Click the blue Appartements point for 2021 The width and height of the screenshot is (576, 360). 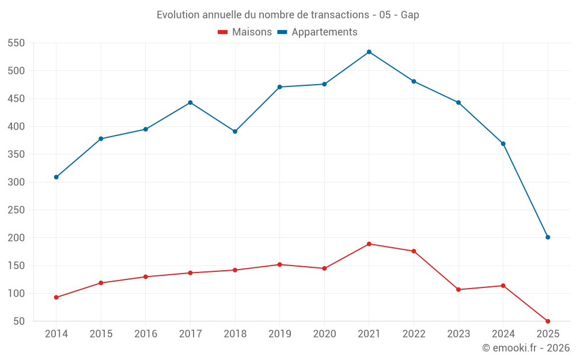369,52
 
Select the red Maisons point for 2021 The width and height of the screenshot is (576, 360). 369,244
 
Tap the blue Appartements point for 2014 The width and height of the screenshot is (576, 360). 56,177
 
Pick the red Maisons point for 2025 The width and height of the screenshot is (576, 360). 548,321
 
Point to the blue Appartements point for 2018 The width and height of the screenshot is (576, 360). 235,131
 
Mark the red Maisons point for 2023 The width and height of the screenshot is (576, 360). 458,289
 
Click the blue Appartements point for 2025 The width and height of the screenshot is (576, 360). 548,237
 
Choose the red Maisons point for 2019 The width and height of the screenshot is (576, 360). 280,264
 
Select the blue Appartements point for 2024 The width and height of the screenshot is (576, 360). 503,143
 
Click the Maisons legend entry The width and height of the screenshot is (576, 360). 245,32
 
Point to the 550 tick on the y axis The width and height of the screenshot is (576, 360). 16,43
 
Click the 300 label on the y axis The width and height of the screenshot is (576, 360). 16,182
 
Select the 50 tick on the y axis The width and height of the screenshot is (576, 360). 19,321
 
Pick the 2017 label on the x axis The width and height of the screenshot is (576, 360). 190,334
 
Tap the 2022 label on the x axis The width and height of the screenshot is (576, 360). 414,334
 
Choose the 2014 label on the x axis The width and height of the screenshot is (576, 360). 56,334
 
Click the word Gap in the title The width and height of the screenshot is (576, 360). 410,15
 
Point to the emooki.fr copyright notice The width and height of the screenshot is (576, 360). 525,348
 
